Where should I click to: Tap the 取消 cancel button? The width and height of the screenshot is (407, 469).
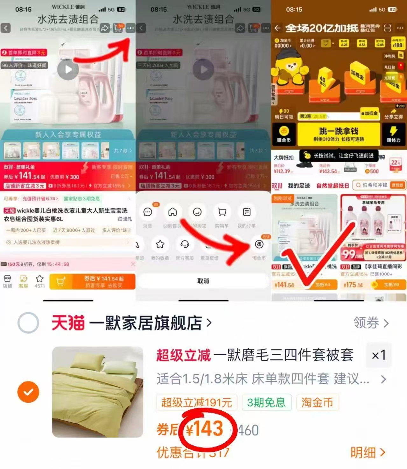pyautogui.click(x=203, y=281)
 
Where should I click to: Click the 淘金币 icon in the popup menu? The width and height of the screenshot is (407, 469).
pyautogui.click(x=259, y=245)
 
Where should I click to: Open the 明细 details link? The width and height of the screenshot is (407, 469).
pyautogui.click(x=368, y=452)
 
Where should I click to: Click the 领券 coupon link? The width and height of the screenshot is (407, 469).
pyautogui.click(x=371, y=323)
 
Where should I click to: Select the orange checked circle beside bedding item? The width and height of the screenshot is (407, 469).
pyautogui.click(x=28, y=392)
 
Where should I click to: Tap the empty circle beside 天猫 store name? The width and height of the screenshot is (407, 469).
pyautogui.click(x=28, y=323)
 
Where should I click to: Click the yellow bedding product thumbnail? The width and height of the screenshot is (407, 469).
pyautogui.click(x=98, y=392)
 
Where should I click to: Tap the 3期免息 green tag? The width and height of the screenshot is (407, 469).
pyautogui.click(x=266, y=402)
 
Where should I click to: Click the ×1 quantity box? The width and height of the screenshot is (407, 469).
pyautogui.click(x=379, y=355)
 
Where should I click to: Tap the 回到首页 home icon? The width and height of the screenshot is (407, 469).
pyautogui.click(x=172, y=212)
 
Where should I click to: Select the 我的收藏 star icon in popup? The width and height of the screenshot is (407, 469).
pyautogui.click(x=160, y=245)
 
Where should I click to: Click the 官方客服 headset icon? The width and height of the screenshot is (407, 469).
pyautogui.click(x=185, y=245)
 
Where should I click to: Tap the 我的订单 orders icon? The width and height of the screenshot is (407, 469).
pyautogui.click(x=247, y=212)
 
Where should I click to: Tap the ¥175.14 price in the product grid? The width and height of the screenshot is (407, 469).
pyautogui.click(x=353, y=285)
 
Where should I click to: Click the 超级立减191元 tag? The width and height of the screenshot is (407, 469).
pyautogui.click(x=196, y=402)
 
